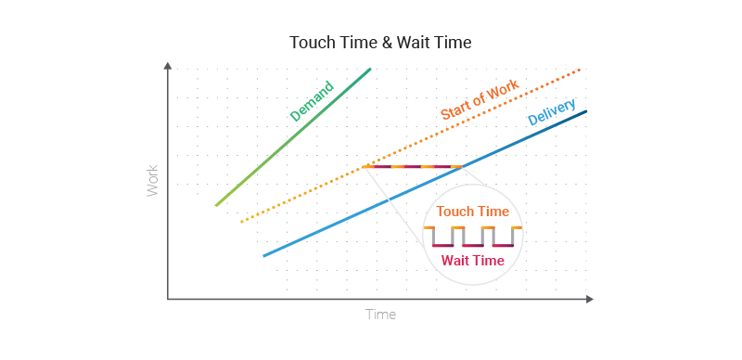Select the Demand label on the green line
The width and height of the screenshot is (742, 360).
(x=312, y=102)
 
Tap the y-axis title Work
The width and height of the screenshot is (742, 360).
(x=153, y=180)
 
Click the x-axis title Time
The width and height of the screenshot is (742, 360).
(x=380, y=315)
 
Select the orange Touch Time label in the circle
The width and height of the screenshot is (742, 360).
(x=473, y=212)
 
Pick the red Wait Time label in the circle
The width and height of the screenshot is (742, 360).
(x=473, y=261)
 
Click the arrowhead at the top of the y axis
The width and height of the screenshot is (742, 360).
(x=168, y=65)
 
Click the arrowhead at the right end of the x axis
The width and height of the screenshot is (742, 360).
(x=589, y=299)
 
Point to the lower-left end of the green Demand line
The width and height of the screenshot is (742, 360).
(x=216, y=205)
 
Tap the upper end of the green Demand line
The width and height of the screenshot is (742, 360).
(x=370, y=69)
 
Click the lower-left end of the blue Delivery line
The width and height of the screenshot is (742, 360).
(x=264, y=255)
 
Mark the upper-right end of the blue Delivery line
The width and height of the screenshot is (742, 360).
(x=586, y=111)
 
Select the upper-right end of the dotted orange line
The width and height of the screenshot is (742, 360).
(x=581, y=69)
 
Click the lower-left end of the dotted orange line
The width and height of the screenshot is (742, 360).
(x=241, y=222)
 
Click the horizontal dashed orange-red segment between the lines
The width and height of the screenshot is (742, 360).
(x=414, y=167)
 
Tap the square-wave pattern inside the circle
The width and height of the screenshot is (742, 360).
(x=473, y=237)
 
